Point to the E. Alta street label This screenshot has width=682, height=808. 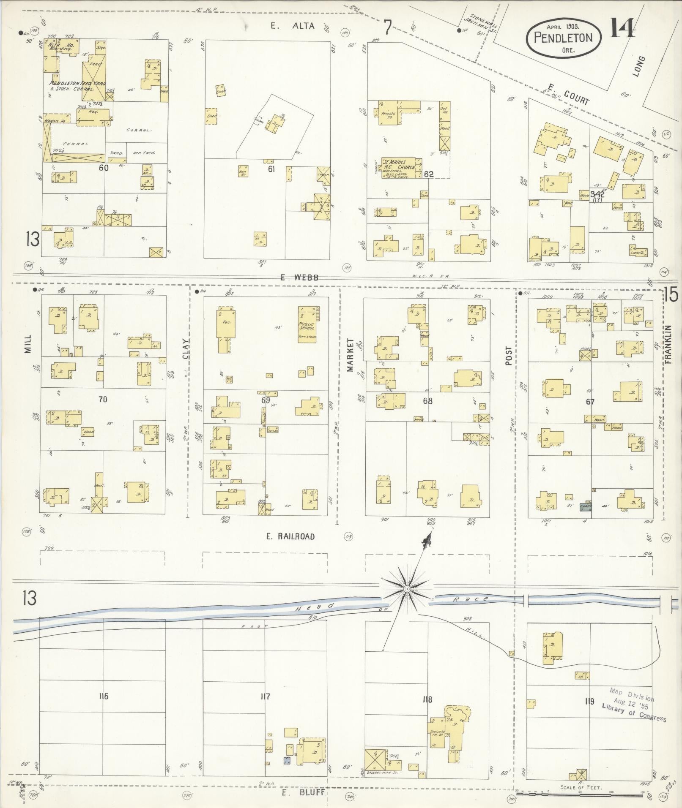tap(293, 26)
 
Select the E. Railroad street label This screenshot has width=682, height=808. tap(290, 536)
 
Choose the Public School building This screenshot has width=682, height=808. tap(307, 324)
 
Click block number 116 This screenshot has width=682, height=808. tap(103, 696)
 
